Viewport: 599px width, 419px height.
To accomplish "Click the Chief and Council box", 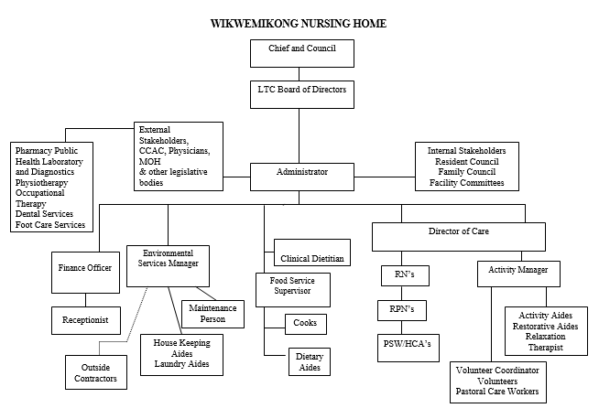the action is tap(302, 53).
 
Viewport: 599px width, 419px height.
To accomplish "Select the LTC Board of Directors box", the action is tap(302, 94).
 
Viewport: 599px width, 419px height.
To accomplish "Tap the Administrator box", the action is tap(302, 177).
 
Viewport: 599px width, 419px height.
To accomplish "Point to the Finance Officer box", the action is tap(85, 273).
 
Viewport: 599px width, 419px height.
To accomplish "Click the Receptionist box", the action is tap(86, 320).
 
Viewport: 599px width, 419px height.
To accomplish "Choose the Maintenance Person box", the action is tap(212, 314).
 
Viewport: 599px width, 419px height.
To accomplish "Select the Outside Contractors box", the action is tap(96, 372).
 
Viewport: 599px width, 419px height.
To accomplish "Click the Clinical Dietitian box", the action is tap(312, 252).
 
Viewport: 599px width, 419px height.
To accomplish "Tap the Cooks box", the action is tap(306, 324).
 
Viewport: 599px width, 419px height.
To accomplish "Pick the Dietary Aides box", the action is tap(310, 361).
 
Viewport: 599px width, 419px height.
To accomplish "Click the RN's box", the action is tap(405, 275).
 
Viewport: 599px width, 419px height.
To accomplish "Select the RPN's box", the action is tap(402, 311).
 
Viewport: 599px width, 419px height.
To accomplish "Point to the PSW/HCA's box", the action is tap(408, 348).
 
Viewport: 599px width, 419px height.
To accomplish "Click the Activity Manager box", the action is tap(518, 274).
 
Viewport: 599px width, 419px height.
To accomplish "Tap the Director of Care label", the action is tap(459, 231).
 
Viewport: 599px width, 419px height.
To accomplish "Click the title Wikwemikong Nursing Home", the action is tap(299, 24).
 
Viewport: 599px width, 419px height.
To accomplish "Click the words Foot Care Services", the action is tap(50, 225).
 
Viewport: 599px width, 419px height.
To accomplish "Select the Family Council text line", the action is tap(467, 172).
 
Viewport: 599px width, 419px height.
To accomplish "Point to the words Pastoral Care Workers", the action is tap(497, 392).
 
